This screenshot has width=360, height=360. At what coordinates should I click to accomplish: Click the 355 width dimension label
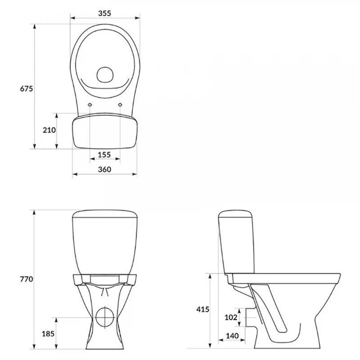(104, 13)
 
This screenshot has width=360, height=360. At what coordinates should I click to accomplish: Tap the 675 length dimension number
(27, 89)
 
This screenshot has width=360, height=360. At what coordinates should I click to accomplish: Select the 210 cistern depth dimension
(49, 130)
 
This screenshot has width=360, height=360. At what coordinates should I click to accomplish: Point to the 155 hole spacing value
(104, 155)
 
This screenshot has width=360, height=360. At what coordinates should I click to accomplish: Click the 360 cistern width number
(104, 170)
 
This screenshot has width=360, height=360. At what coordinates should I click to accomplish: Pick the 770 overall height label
(27, 279)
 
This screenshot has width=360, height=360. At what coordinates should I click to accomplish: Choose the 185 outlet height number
(48, 334)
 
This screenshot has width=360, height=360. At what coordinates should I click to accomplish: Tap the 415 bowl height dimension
(203, 310)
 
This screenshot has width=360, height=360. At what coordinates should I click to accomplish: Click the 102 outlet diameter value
(231, 317)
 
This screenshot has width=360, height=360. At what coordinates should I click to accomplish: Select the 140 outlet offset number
(232, 336)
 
